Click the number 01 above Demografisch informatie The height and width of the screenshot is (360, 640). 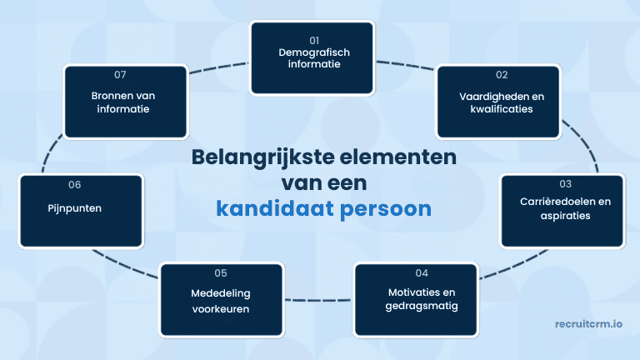314,39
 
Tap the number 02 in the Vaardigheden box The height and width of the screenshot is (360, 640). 502,83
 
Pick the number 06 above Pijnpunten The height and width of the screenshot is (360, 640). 74,184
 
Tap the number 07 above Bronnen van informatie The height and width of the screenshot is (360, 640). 120,74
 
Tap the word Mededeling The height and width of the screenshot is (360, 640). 219,292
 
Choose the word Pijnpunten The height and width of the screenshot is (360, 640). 74,207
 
